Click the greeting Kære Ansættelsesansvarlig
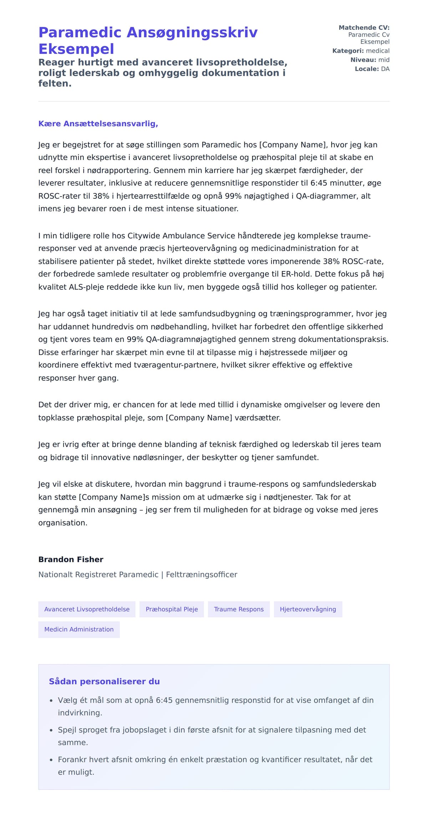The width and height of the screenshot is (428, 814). coord(98,124)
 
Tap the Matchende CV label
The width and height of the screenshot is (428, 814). coord(364,27)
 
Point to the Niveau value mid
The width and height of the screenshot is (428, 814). coord(384,60)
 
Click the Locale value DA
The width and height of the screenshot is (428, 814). coord(385,69)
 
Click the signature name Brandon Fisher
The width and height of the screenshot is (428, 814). coord(71,559)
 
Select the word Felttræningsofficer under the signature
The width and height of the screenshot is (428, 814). coord(202,574)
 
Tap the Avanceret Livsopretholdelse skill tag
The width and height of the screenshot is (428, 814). coord(87,609)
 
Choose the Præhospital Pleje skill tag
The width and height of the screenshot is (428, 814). coord(172,609)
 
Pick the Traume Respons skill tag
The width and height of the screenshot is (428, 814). coord(239,609)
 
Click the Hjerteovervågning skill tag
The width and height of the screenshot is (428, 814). coord(308,609)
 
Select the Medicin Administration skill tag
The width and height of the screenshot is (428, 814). coord(79,629)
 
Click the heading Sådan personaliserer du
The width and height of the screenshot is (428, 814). coord(104,682)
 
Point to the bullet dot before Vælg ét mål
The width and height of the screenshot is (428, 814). coord(51,700)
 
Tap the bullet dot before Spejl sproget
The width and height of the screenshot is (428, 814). coord(51,730)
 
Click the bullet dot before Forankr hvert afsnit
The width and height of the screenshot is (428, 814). coord(51,760)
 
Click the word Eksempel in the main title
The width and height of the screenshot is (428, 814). coord(76,49)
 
